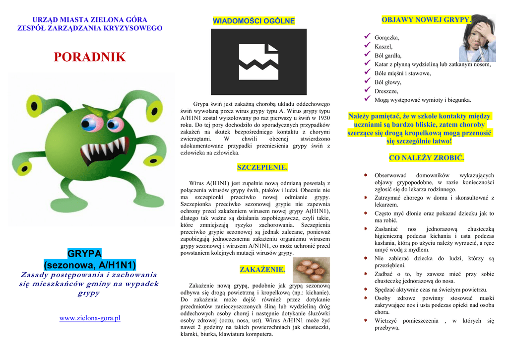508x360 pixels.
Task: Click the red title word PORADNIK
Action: (90, 57)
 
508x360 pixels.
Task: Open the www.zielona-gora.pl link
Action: (90, 318)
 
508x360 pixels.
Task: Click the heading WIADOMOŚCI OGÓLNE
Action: (254, 21)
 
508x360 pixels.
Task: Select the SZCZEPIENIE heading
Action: (262, 167)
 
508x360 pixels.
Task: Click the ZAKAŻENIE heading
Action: (262, 270)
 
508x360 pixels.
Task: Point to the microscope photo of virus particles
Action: (311, 269)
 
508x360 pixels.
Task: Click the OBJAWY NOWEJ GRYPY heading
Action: (426, 20)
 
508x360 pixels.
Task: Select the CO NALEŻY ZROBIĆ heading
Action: (426, 158)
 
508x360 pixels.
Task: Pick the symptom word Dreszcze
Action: (386, 91)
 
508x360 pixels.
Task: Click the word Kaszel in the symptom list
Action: (383, 46)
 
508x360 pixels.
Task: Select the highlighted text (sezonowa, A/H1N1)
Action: (90, 265)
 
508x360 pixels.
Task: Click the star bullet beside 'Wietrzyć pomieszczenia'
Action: (365, 321)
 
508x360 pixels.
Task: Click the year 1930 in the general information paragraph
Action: (323, 118)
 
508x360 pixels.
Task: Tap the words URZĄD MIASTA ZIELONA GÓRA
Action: (89, 19)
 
